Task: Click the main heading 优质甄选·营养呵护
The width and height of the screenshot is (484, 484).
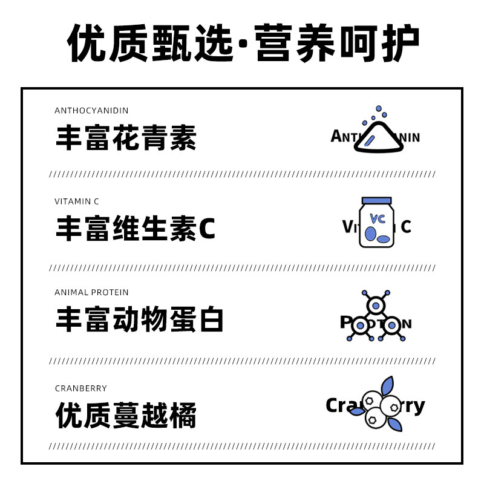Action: [242, 44]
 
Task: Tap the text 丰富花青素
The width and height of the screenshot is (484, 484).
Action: [126, 139]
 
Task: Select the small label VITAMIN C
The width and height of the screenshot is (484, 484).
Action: [77, 201]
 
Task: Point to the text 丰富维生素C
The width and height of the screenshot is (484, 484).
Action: [136, 230]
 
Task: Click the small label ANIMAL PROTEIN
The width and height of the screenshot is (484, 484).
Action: [91, 292]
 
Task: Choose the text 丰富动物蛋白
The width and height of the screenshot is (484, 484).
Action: [140, 320]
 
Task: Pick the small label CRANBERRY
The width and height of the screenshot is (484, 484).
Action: [80, 388]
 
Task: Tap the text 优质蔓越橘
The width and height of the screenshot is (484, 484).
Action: [126, 416]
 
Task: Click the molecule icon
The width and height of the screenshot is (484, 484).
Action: [376, 317]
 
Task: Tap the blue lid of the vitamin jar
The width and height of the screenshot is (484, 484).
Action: [376, 201]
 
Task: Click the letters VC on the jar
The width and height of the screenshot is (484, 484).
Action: [378, 218]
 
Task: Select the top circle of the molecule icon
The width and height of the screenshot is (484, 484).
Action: [376, 306]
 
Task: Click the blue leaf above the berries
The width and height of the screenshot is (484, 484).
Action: [387, 385]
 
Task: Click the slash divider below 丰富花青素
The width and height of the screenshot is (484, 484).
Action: [242, 174]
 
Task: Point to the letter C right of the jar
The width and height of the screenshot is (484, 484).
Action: [406, 227]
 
